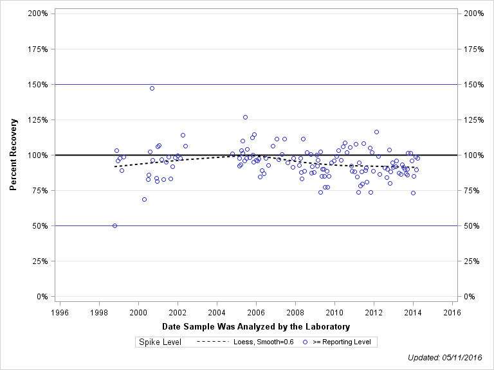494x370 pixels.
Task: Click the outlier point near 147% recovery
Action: tap(152, 88)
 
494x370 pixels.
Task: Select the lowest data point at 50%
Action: tap(114, 225)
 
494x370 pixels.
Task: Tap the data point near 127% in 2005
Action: tap(245, 117)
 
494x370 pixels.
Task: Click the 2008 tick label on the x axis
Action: tap(295, 312)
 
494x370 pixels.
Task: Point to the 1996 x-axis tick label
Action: tap(60, 312)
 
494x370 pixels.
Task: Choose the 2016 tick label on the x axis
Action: tap(452, 312)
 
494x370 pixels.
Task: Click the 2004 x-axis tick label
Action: tap(217, 312)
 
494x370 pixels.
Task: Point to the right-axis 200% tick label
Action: tap(473, 13)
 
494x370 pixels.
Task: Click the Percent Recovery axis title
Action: tap(14, 155)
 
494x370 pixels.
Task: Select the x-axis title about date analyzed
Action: tap(256, 327)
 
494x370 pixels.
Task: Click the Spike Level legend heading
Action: tap(161, 342)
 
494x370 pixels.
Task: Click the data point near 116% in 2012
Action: tap(376, 132)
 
